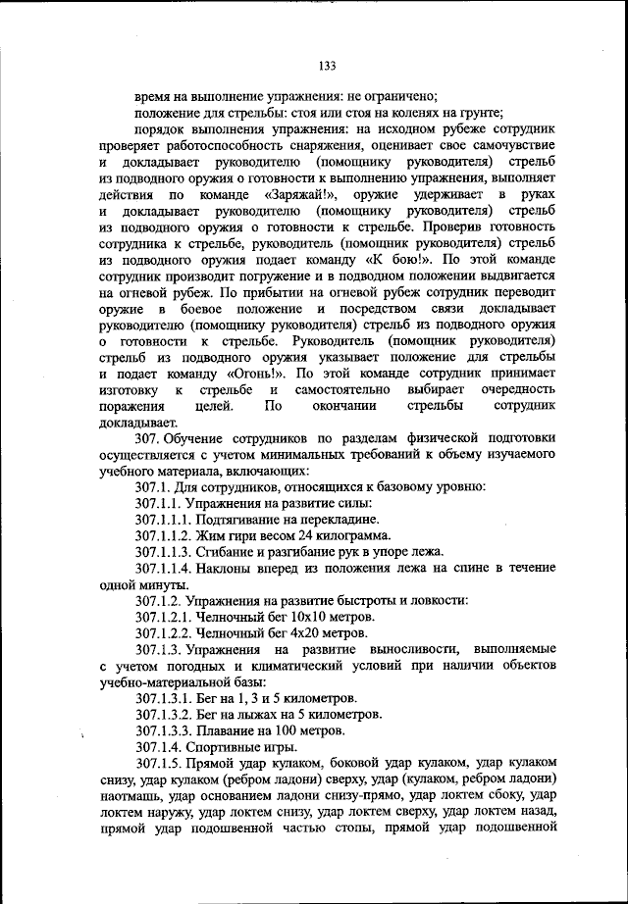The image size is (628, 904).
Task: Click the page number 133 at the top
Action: click(327, 66)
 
